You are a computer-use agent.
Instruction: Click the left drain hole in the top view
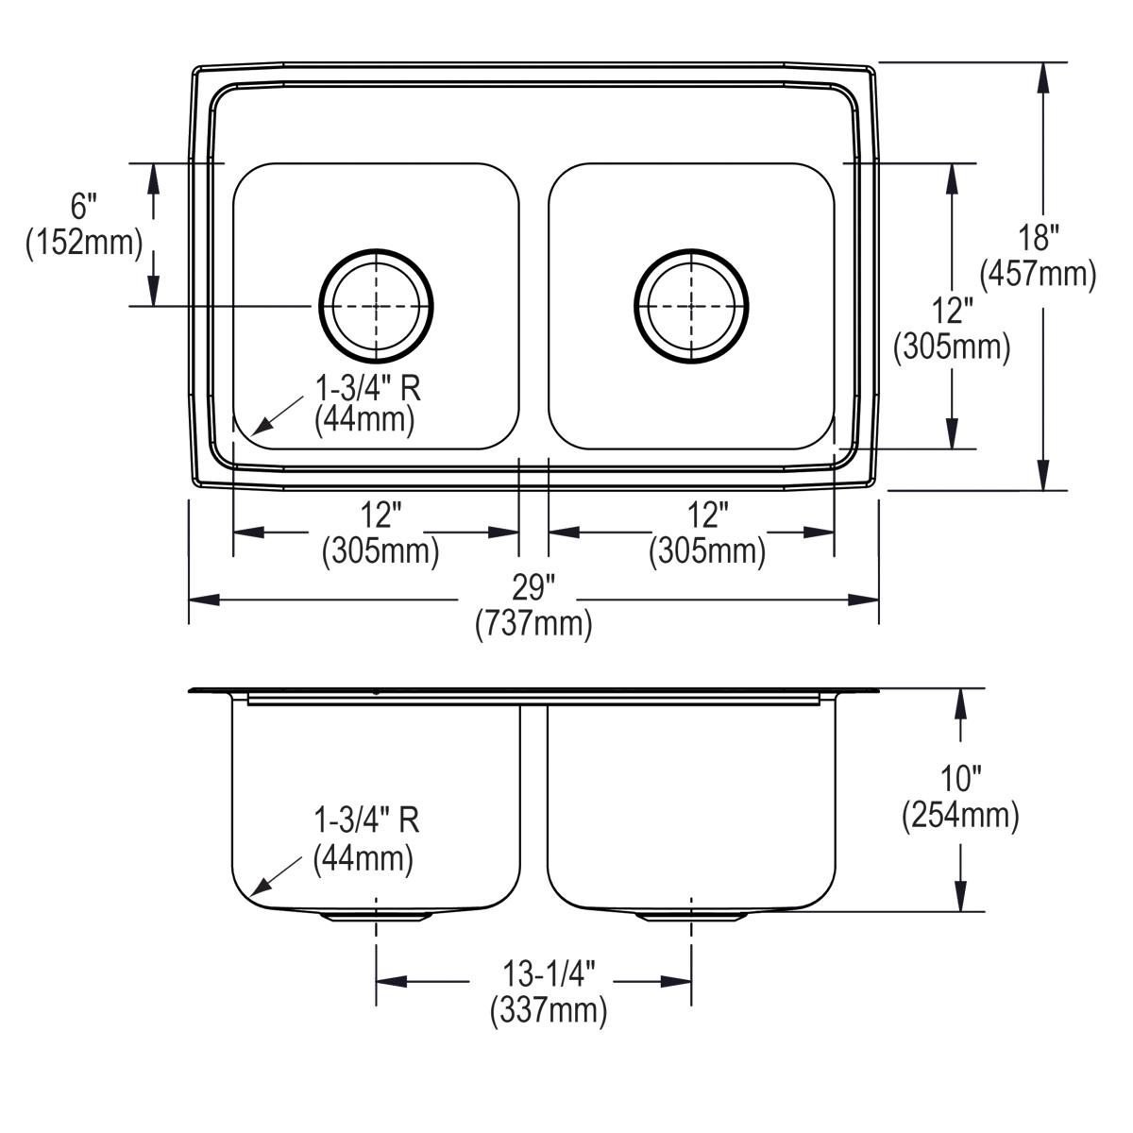coord(377,306)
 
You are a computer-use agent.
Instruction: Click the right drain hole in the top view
coord(691,306)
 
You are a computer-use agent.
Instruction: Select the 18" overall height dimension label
coord(1039,238)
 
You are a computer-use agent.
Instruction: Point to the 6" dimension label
coord(84,205)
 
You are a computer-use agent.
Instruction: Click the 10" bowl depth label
coord(961,779)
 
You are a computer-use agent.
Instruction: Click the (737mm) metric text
coord(533,624)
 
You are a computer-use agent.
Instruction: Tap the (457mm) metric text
coord(1039,275)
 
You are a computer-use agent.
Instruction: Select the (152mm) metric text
coord(84,243)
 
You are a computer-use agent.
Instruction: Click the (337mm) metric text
coord(548,1011)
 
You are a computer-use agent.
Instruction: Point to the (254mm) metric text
coord(961,816)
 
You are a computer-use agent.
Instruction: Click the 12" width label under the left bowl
coord(380,516)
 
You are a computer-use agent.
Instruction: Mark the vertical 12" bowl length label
coord(952,311)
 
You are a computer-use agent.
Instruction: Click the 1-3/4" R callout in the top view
coord(367,387)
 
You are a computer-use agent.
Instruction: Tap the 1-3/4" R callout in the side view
coord(366,820)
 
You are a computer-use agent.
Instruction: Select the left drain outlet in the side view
coord(377,916)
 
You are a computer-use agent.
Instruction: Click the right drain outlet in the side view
coord(691,916)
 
